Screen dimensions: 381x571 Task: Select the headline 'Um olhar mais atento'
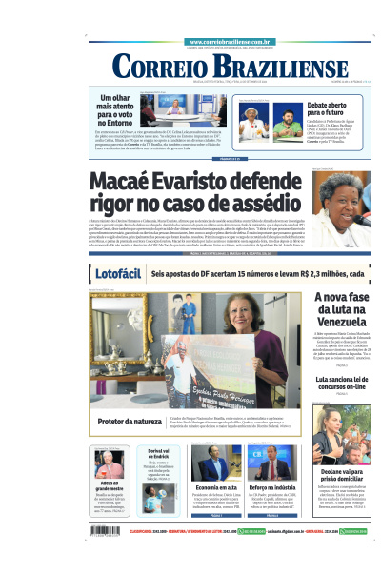pyautogui.click(x=119, y=109)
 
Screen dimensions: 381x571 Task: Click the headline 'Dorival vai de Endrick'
pyautogui.click(x=159, y=454)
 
